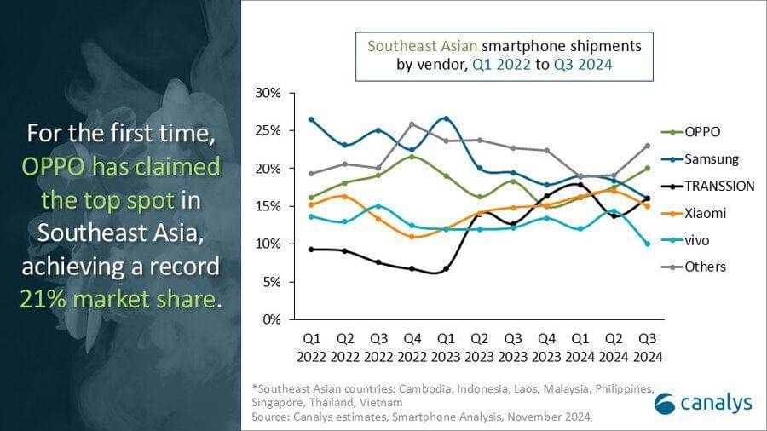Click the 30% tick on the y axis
point(269,93)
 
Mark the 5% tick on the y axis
point(273,282)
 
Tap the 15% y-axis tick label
point(269,206)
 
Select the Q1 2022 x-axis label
point(312,348)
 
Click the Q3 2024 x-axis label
point(648,348)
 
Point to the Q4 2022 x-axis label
point(412,348)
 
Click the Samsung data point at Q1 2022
point(312,119)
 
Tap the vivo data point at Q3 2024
point(648,244)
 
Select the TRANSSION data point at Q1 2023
point(446,268)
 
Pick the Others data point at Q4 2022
point(412,124)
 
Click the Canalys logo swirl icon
point(666,403)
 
